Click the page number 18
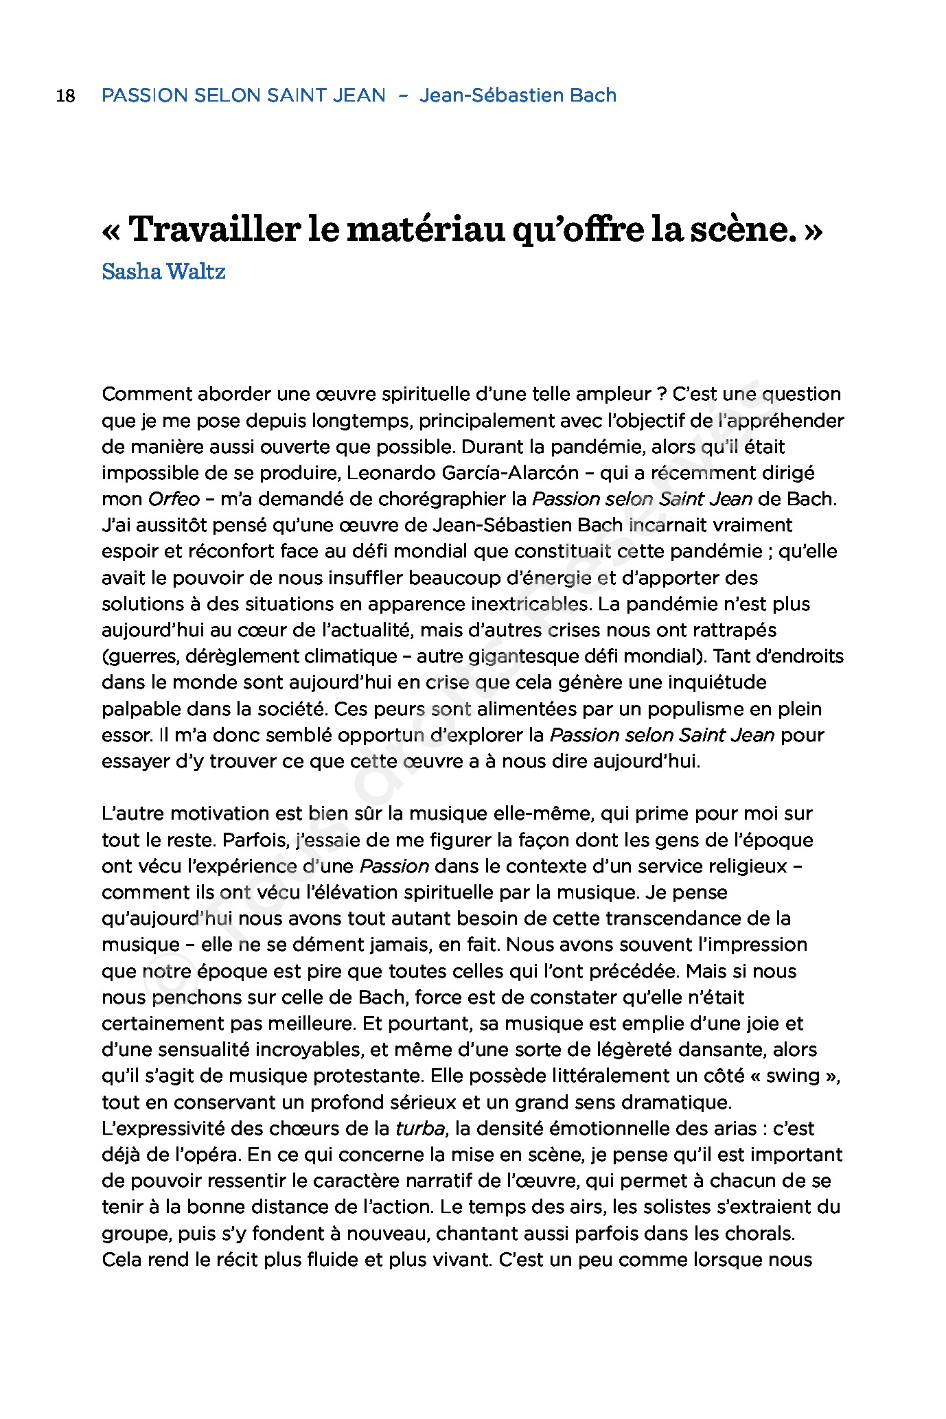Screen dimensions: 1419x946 (65, 95)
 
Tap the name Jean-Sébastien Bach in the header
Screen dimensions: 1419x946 (518, 95)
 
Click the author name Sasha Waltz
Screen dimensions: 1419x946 (163, 272)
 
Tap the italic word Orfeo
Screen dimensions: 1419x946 (174, 499)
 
